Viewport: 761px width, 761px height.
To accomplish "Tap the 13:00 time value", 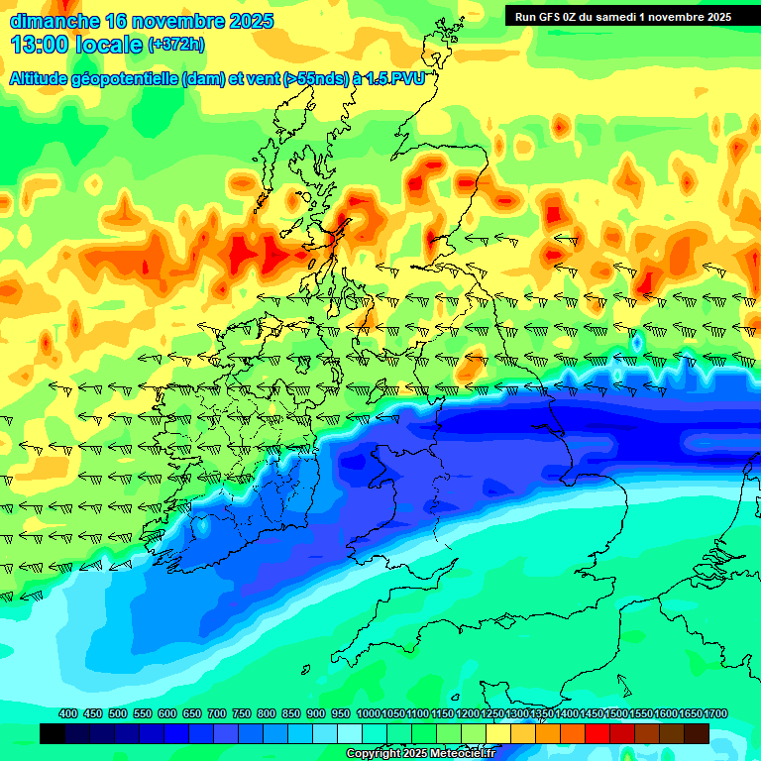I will pyautogui.click(x=40, y=45).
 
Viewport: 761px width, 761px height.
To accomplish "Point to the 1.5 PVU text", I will pyautogui.click(x=394, y=79).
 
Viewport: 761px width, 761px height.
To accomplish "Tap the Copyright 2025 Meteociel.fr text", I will pyautogui.click(x=421, y=754).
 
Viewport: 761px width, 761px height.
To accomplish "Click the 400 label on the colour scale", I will pyautogui.click(x=68, y=714).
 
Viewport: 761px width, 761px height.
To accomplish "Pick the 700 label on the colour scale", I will pyautogui.click(x=217, y=714).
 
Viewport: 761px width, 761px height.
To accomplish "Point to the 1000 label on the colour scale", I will pyautogui.click(x=369, y=714).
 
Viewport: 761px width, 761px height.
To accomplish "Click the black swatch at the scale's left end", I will pyautogui.click(x=53, y=733).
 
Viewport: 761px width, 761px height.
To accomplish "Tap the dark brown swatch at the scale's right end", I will pyautogui.click(x=697, y=733).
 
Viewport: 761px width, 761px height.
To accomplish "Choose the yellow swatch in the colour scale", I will pyautogui.click(x=498, y=733).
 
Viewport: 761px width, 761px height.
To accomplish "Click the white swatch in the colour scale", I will pyautogui.click(x=350, y=733).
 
